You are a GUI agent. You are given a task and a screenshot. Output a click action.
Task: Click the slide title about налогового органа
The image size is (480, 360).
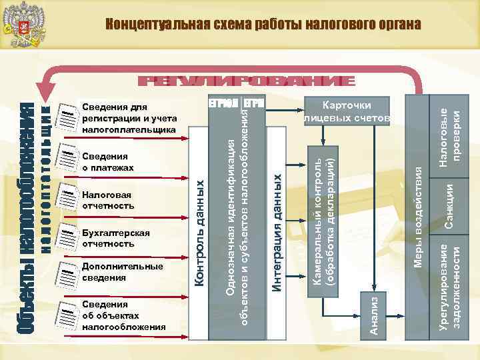(x=263, y=25)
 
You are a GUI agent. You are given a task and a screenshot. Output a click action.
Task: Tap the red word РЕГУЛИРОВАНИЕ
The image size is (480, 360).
(x=246, y=82)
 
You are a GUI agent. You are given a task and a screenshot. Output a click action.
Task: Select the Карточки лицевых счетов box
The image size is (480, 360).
(x=347, y=111)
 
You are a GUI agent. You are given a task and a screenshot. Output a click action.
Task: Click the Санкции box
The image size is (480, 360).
(x=450, y=207)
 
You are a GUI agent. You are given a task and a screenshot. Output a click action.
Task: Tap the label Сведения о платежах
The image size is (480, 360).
(x=107, y=162)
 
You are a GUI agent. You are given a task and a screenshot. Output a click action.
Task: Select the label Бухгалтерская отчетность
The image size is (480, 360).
(x=115, y=238)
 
